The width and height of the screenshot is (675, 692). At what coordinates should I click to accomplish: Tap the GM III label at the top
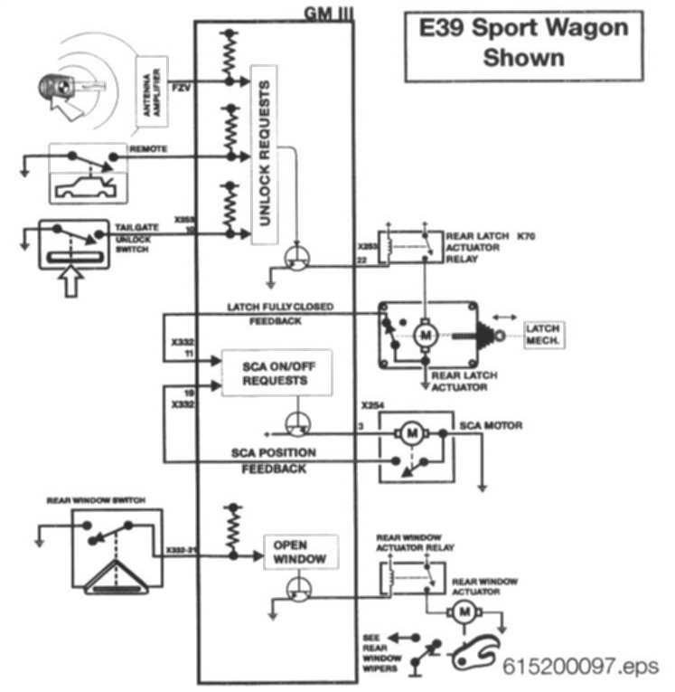pos(323,12)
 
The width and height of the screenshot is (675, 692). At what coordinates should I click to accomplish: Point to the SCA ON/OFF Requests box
pos(276,373)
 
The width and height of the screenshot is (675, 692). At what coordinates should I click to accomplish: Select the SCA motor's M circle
pos(412,434)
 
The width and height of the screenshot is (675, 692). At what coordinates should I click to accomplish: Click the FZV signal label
pos(182,81)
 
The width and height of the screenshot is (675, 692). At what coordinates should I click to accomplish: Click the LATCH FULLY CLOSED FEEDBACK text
pos(280,313)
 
